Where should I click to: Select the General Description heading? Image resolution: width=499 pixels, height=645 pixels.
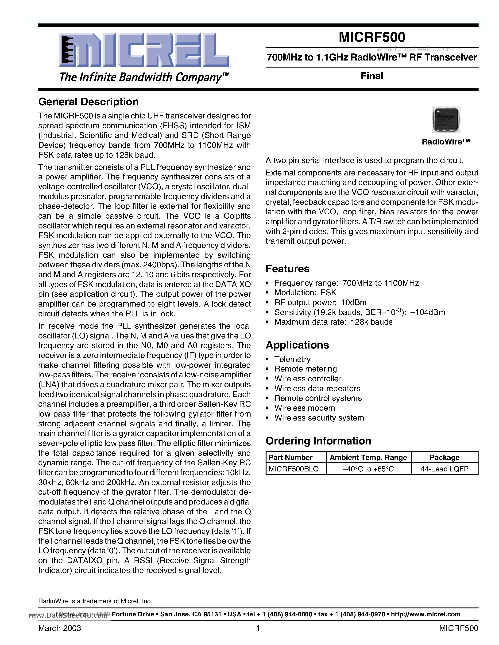88,102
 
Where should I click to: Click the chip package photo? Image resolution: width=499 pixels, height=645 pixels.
446,120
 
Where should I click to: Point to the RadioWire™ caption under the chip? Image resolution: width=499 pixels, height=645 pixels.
446,142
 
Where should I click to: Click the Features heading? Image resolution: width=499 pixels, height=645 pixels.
287,269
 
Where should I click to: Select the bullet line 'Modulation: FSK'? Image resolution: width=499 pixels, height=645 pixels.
305,293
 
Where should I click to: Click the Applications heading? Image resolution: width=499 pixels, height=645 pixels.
297,345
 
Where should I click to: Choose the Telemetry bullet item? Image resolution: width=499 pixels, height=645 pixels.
292,359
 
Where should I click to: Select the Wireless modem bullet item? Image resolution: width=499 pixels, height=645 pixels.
305,408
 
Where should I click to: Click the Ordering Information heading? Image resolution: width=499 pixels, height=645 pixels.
318,441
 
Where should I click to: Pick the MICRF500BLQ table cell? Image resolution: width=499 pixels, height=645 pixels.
294,469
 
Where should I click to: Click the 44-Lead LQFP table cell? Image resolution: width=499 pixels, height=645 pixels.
444,469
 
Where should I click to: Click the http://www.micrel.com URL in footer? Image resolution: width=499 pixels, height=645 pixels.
426,614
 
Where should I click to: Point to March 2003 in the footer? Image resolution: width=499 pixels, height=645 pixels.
60,628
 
